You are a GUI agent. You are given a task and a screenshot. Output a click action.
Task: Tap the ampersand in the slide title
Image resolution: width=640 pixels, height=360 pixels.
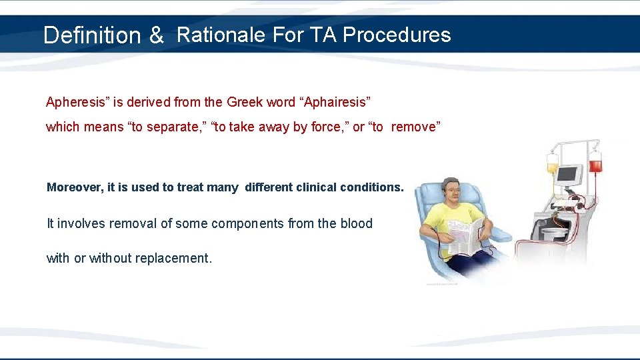tap(156, 36)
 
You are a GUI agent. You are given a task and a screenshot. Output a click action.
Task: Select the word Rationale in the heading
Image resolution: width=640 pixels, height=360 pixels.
tap(221, 35)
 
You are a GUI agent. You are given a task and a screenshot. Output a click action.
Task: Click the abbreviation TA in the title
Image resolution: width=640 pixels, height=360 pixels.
tap(324, 35)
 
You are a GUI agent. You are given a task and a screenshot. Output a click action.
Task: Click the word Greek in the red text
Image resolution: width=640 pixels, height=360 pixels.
tap(245, 103)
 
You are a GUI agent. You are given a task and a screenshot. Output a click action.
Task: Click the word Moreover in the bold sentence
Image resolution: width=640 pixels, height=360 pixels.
tap(73, 187)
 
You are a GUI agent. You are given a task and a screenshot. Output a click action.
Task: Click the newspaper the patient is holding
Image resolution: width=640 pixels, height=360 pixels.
tap(465, 237)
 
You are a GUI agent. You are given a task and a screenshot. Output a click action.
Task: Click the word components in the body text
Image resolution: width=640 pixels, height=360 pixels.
tap(247, 223)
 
